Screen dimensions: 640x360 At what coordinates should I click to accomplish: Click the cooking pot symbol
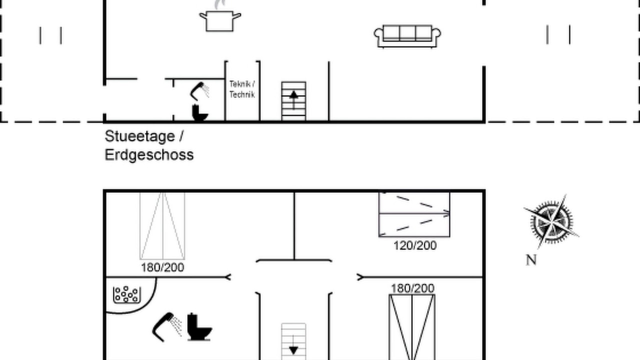(x=219, y=20)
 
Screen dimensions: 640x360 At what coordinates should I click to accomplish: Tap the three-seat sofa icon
(x=407, y=36)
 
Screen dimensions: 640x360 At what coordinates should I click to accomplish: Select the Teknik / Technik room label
(x=242, y=89)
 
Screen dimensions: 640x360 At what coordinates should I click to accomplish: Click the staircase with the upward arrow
(x=293, y=101)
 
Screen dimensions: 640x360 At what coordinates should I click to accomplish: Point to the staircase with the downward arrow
(x=293, y=341)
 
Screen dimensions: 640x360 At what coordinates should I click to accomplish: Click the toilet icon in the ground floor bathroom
(x=199, y=113)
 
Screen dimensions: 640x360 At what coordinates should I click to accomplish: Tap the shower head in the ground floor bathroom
(x=199, y=91)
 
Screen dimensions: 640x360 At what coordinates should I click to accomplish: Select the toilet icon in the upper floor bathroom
(x=199, y=327)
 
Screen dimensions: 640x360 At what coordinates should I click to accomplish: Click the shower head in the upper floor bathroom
(x=167, y=327)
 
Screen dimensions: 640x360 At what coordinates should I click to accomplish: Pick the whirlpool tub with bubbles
(x=127, y=294)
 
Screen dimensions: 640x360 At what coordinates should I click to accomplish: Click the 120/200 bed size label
(x=415, y=245)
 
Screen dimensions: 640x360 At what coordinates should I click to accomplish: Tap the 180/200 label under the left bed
(x=162, y=267)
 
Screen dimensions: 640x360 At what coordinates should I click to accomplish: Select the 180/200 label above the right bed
(x=412, y=288)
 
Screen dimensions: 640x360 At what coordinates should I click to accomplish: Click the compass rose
(x=551, y=222)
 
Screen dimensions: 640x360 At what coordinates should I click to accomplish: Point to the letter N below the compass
(x=531, y=260)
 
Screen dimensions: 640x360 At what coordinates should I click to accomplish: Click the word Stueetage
(x=139, y=136)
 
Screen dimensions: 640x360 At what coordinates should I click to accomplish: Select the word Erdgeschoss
(x=149, y=155)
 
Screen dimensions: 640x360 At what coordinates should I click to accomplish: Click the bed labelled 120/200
(x=414, y=214)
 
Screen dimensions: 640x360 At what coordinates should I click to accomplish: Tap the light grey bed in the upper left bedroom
(x=162, y=225)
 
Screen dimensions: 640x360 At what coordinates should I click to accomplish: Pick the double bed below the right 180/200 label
(x=412, y=327)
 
